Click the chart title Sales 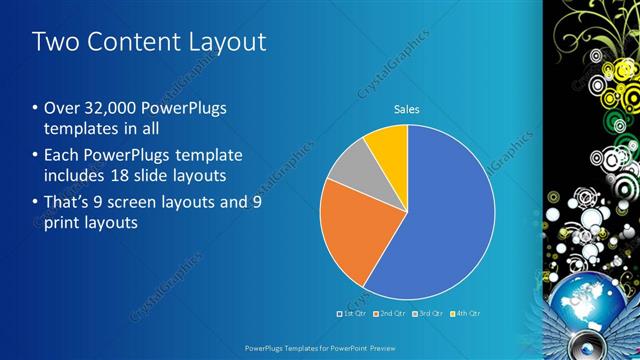(x=406, y=109)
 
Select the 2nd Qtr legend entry (x=389, y=314)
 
